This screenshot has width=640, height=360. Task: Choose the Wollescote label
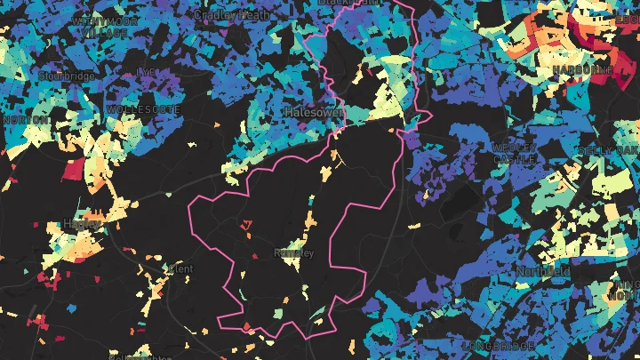(x=143, y=109)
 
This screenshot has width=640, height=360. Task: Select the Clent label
(x=180, y=268)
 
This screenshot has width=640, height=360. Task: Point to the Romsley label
(x=295, y=253)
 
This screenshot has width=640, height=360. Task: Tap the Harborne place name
(x=582, y=68)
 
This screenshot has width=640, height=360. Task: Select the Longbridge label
(x=499, y=345)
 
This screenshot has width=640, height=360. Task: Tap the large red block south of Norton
(x=73, y=169)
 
